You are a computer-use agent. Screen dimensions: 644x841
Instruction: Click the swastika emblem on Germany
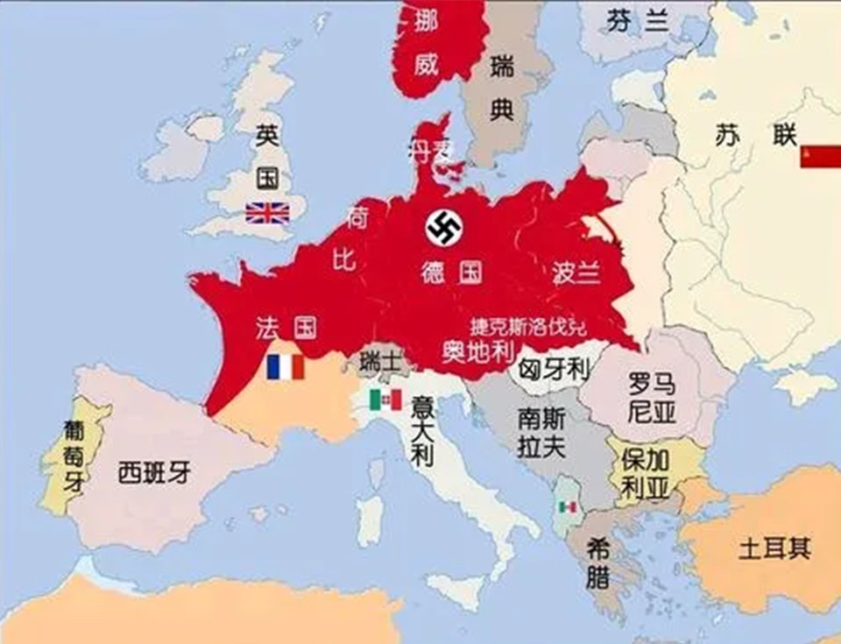(x=443, y=229)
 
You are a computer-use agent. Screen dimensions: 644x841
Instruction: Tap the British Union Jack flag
(x=267, y=213)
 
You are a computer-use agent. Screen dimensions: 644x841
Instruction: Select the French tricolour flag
(x=286, y=367)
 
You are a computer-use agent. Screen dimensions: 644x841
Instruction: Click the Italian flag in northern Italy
(x=385, y=400)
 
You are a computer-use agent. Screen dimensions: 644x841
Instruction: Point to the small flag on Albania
(x=569, y=507)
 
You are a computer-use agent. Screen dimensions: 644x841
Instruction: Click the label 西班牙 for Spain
(x=154, y=473)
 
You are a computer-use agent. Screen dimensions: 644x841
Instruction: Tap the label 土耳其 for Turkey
(x=774, y=549)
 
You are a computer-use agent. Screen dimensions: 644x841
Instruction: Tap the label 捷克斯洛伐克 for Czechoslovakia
(x=528, y=328)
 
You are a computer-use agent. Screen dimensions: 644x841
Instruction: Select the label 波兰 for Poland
(x=576, y=273)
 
